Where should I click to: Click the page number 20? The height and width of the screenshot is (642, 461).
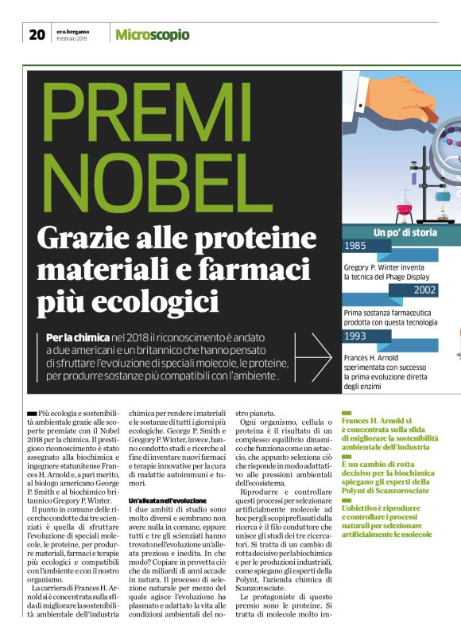(x=37, y=34)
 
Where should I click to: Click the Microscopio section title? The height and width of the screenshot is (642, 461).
(x=152, y=34)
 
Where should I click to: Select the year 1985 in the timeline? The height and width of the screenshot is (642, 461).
(x=358, y=246)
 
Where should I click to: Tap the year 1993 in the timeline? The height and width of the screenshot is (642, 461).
(x=358, y=336)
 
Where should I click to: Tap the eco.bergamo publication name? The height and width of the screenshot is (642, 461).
(x=72, y=29)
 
